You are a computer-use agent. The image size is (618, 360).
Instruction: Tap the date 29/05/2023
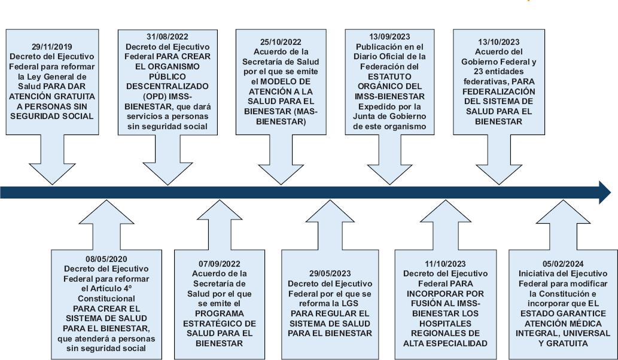point(330,273)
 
